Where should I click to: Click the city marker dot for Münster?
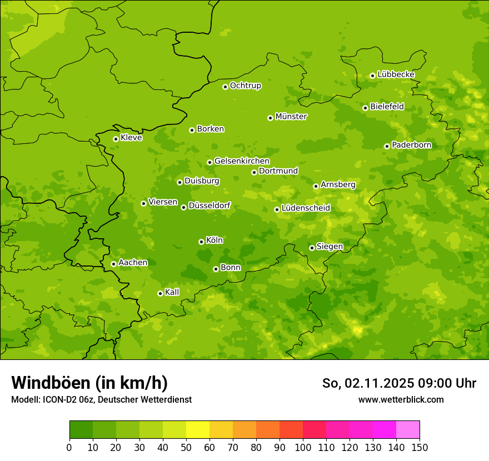(270, 118)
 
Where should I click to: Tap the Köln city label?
(214, 240)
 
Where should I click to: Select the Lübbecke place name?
(396, 74)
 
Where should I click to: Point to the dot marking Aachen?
(113, 264)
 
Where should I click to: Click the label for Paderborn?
(411, 145)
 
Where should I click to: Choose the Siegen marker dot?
(312, 248)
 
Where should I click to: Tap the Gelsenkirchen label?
(242, 161)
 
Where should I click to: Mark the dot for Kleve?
(116, 139)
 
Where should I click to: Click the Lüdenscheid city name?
(306, 208)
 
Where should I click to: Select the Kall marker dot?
(160, 293)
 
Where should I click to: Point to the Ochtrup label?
(245, 86)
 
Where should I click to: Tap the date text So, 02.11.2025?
(367, 383)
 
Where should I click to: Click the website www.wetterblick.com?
(401, 399)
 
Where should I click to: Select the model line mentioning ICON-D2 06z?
(101, 399)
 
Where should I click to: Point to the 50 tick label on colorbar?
(186, 447)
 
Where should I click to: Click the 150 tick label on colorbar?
(420, 447)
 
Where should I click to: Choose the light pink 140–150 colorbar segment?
(408, 430)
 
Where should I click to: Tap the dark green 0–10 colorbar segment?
(81, 430)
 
